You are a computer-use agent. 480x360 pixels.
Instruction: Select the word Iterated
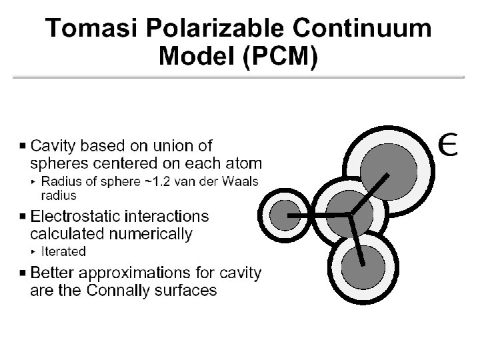pos(63,251)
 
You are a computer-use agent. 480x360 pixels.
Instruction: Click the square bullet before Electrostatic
pos(24,217)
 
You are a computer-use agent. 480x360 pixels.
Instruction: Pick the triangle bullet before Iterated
pos(35,251)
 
